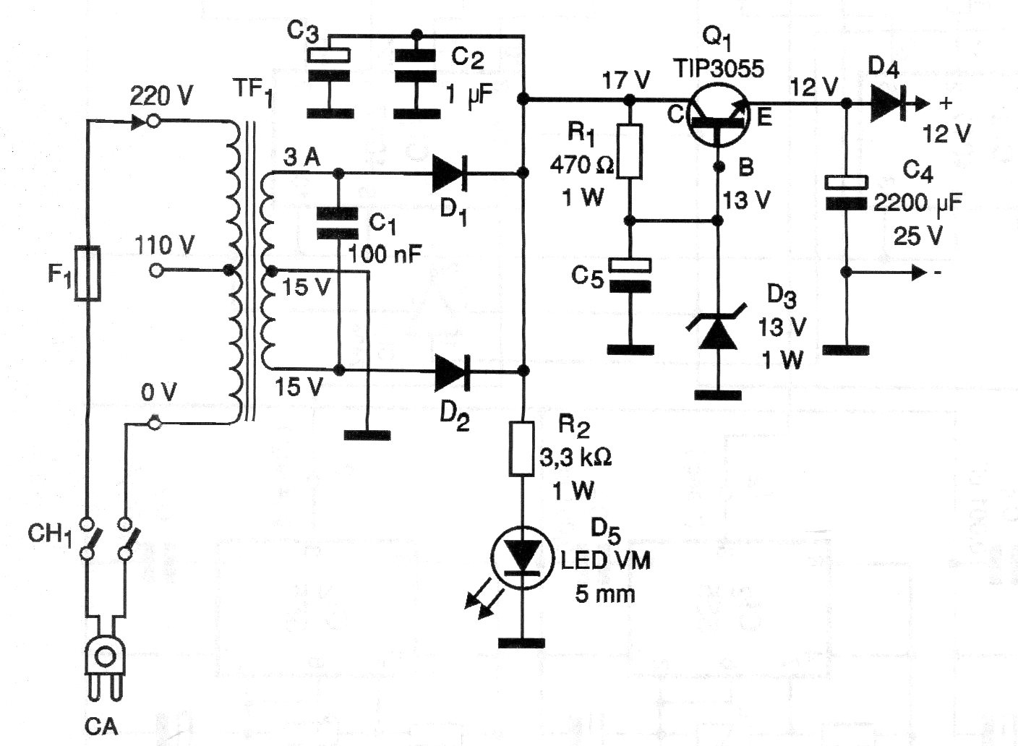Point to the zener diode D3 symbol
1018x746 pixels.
pos(717,332)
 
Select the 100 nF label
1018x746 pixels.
pos(385,254)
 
